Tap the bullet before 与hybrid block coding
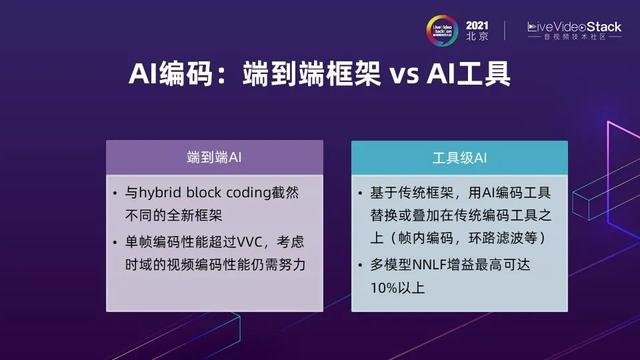pyautogui.click(x=118, y=193)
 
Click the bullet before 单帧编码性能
pyautogui.click(x=118, y=241)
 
